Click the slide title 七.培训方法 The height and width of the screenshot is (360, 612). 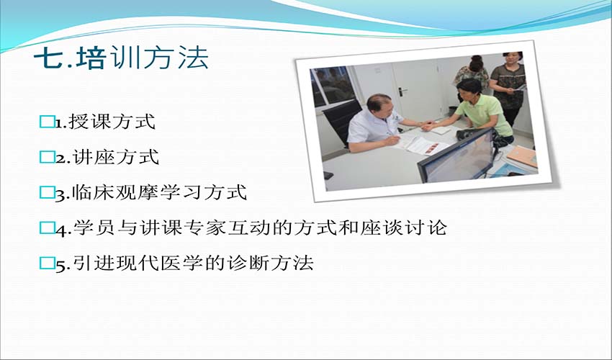(x=122, y=58)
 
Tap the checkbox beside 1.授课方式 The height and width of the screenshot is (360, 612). (x=47, y=122)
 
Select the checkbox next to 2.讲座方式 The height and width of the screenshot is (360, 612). (x=47, y=158)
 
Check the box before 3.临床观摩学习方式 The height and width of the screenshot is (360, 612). (x=47, y=192)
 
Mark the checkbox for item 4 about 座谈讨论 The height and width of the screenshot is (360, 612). (x=47, y=228)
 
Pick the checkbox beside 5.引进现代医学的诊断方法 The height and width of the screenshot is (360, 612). (x=47, y=264)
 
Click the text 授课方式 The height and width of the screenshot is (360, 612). (x=112, y=122)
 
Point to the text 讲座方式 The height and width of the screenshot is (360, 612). (x=116, y=157)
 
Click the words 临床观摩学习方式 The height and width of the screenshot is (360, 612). (x=160, y=192)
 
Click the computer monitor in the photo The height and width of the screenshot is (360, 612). (x=456, y=156)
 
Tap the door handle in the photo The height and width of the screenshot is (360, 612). (x=402, y=92)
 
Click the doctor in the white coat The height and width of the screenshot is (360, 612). (x=377, y=124)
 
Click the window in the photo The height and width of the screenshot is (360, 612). (x=332, y=85)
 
